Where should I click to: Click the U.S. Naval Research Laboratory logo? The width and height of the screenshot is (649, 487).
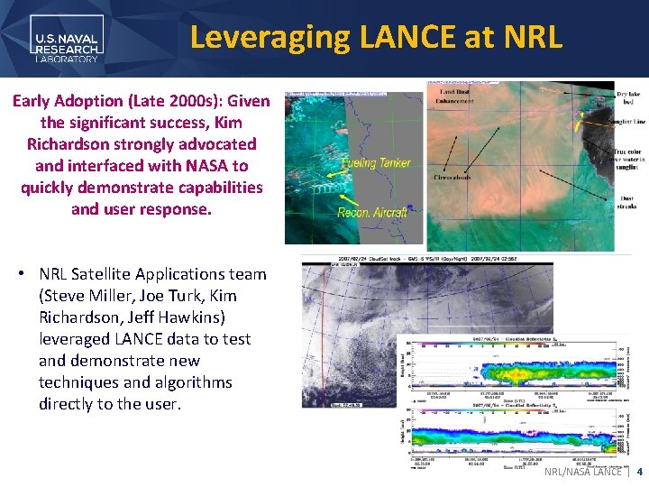pos(67,40)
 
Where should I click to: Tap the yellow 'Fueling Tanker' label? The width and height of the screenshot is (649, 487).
pos(376,163)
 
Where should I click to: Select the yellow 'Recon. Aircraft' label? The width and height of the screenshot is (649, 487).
pos(372,212)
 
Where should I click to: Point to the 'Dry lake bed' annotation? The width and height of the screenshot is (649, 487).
pos(628,97)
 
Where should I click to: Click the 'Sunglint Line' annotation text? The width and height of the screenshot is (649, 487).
pos(627,122)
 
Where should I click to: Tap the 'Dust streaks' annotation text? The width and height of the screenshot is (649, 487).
pos(627,203)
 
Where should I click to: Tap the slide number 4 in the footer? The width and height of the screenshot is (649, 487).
pos(639,472)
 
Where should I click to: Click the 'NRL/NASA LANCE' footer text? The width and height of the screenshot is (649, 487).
pos(582,472)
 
